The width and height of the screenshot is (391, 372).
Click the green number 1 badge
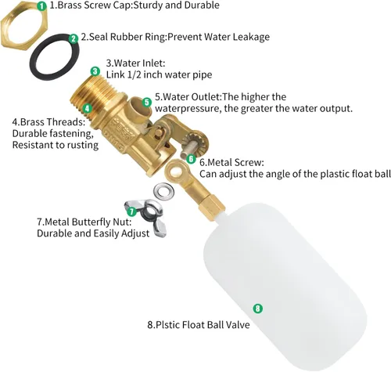(41, 5)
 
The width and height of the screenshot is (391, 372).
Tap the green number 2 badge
(74, 38)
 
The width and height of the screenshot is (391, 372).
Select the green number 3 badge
(95, 71)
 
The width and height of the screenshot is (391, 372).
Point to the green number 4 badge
(88, 108)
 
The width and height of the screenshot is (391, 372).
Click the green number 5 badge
(147, 103)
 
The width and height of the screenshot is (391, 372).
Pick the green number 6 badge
(191, 159)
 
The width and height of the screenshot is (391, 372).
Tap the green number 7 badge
(132, 211)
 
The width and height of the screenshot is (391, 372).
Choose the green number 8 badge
(258, 309)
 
